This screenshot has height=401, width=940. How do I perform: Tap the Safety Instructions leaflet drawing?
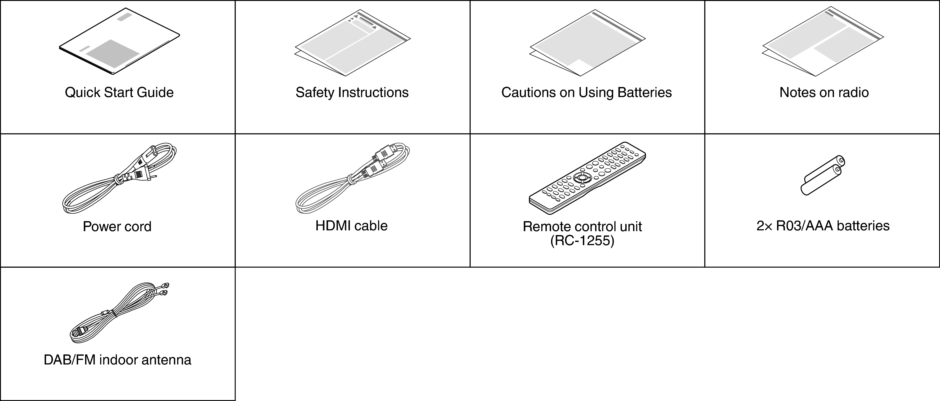[352, 43]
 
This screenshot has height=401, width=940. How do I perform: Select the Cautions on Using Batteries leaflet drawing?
[588, 43]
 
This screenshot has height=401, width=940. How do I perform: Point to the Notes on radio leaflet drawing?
[823, 41]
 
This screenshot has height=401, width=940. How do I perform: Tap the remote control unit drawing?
[587, 178]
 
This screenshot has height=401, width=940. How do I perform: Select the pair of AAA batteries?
[823, 175]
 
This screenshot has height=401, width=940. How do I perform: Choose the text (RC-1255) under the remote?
[582, 241]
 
